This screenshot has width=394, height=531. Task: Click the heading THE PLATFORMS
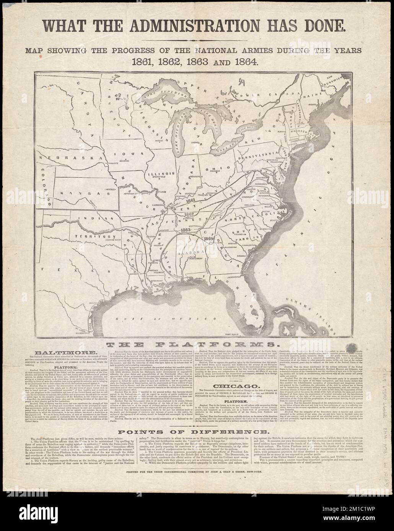click(x=197, y=345)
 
